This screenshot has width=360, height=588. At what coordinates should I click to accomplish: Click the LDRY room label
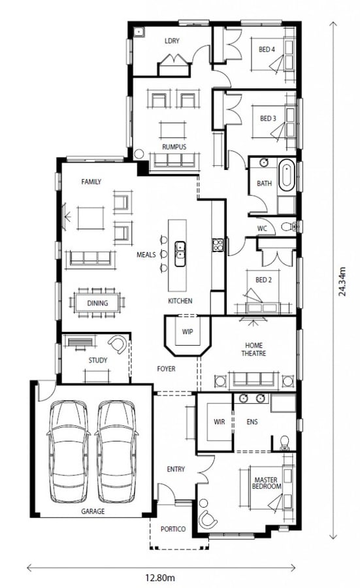pyautogui.click(x=172, y=41)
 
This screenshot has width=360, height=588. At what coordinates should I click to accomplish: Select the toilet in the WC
pyautogui.click(x=289, y=227)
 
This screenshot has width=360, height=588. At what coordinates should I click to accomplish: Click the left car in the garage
pyautogui.click(x=69, y=451)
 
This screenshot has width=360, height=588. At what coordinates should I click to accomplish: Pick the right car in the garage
pyautogui.click(x=117, y=451)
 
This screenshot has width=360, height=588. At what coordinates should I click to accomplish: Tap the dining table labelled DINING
pyautogui.click(x=97, y=302)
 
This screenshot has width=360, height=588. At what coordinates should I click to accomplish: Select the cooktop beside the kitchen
pyautogui.click(x=218, y=245)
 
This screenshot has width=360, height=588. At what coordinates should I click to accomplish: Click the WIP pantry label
pyautogui.click(x=188, y=331)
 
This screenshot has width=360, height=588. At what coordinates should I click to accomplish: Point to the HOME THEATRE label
pyautogui.click(x=254, y=349)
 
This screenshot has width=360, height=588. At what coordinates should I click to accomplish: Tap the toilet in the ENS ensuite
pyautogui.click(x=285, y=442)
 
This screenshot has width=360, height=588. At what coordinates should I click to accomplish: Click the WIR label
pyautogui.click(x=220, y=422)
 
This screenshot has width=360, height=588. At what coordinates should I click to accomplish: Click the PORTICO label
pyautogui.click(x=173, y=529)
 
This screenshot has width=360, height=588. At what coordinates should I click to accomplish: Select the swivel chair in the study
pyautogui.click(x=118, y=344)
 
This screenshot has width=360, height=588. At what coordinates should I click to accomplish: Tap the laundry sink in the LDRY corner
pyautogui.click(x=140, y=33)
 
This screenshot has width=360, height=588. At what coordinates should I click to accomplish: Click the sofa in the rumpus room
pyautogui.click(x=174, y=161)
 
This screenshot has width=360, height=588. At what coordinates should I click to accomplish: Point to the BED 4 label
pyautogui.click(x=267, y=49)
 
